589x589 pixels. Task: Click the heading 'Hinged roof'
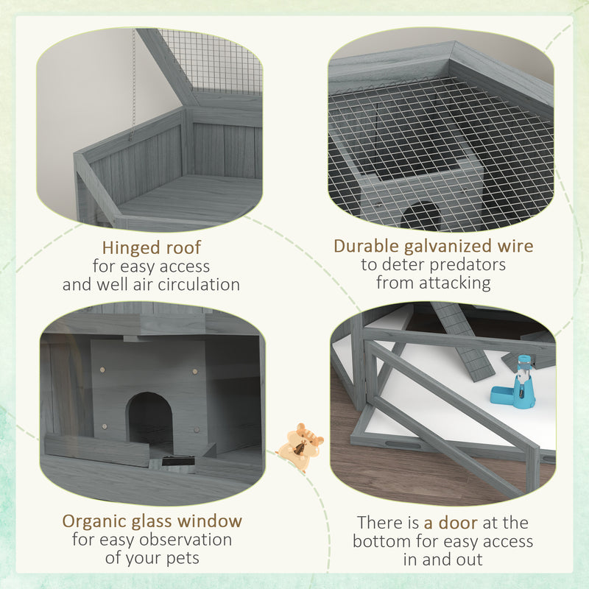[x=151, y=247]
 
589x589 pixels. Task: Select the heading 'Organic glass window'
[x=152, y=521]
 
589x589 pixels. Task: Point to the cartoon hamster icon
[x=300, y=446]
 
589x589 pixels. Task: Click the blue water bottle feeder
[x=522, y=383]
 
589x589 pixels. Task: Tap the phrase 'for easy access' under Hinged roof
[x=152, y=266]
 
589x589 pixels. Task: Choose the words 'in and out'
[x=442, y=560]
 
